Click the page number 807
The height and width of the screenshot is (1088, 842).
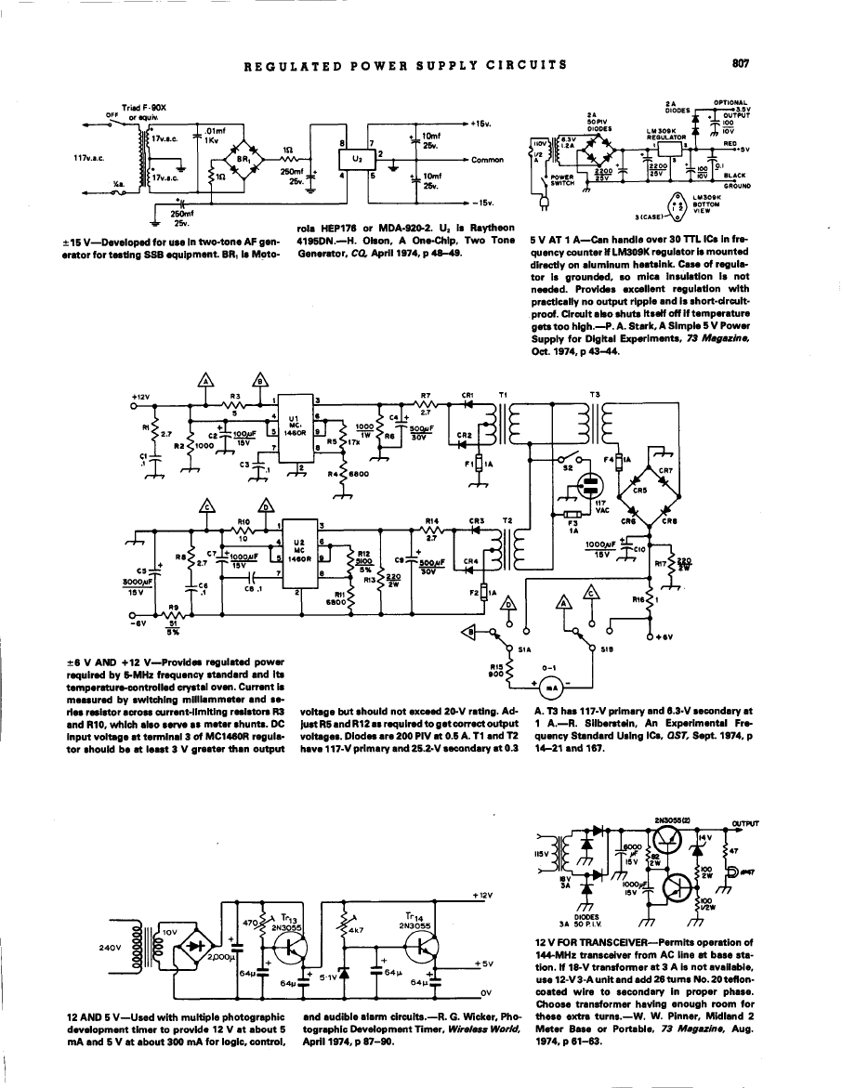pyautogui.click(x=741, y=64)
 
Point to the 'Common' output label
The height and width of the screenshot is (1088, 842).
pyautogui.click(x=487, y=160)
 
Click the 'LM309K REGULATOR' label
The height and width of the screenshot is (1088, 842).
pyautogui.click(x=664, y=135)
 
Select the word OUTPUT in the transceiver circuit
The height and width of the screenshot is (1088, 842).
pyautogui.click(x=744, y=822)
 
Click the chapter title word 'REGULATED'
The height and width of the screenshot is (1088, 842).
pyautogui.click(x=282, y=65)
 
